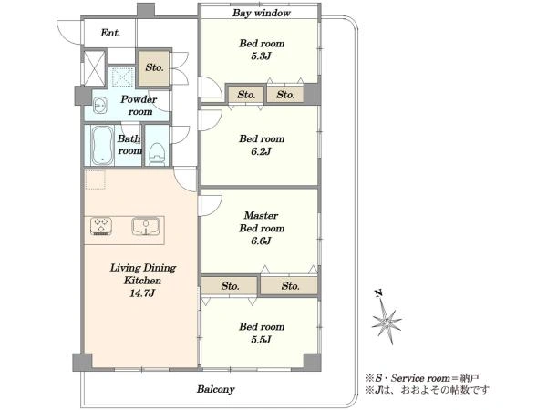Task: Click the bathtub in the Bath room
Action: pos(102,146)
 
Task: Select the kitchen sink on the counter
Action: pos(146,226)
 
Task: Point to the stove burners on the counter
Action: pos(101,226)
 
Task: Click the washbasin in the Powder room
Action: pos(100,105)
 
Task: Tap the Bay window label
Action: pos(262,14)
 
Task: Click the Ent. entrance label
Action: pos(110,33)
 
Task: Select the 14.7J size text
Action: pos(142,293)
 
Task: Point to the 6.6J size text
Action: pos(261,241)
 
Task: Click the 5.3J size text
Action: pos(261,56)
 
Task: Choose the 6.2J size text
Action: pos(261,151)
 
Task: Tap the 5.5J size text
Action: pos(261,340)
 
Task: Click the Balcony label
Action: pos(215,389)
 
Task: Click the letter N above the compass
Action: pos(379,293)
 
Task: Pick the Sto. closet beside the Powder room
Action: pos(154,67)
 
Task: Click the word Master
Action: pos(261,215)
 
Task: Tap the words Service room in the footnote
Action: pos(420,378)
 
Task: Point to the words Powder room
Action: pos(139,106)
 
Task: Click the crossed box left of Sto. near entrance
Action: pos(94,68)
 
